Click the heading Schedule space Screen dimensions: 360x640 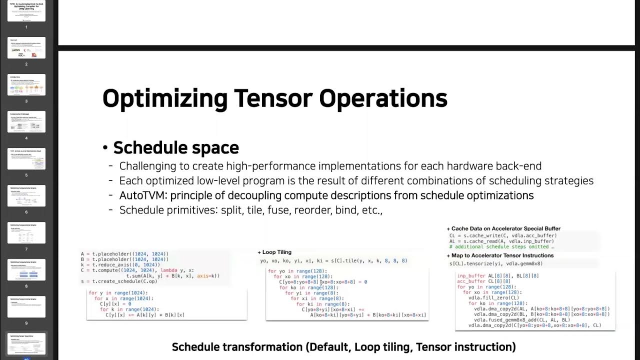click(x=176, y=147)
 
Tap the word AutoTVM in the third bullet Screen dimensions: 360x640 click(x=139, y=195)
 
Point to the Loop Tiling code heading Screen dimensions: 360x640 click(x=274, y=252)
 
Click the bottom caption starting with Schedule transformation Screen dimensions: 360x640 click(x=343, y=347)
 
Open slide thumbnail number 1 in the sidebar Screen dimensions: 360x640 click(x=26, y=11)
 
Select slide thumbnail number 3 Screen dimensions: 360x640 click(x=26, y=84)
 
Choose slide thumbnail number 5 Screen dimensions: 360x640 click(x=26, y=158)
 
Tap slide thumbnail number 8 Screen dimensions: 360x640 click(x=26, y=269)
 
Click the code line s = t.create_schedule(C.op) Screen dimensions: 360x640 click(x=119, y=281)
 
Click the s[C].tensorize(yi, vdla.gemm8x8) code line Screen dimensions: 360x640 click(x=496, y=263)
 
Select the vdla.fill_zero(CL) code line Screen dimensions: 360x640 click(x=493, y=298)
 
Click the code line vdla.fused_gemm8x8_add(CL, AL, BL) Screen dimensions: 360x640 click(x=522, y=320)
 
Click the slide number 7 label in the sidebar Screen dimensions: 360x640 click(x=26, y=249)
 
